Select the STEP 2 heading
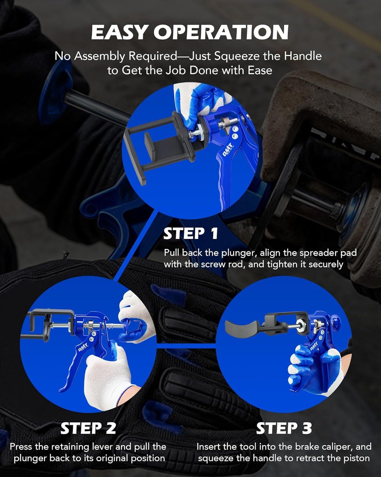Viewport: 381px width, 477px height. coord(88,428)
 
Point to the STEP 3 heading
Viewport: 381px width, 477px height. coord(284,428)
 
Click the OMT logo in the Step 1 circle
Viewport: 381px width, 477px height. coord(228,149)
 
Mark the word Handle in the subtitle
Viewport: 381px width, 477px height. coord(303,56)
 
